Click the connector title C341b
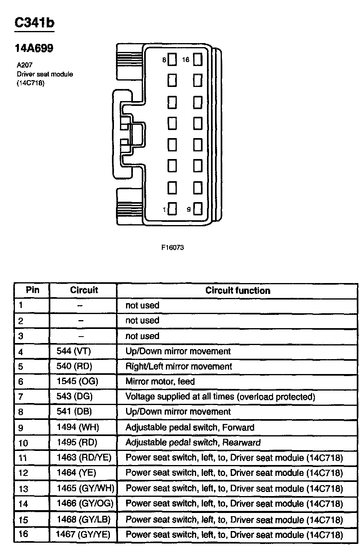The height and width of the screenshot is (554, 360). pos(34,23)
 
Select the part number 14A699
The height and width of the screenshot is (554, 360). pos(34,49)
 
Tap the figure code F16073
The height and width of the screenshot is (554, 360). pos(172,248)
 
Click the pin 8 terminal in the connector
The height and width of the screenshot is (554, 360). pos(172,60)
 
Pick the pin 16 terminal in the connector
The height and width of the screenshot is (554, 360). pos(197,60)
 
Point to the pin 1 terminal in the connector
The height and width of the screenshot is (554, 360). pos(172,209)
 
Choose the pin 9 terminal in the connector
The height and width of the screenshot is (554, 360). pos(197,209)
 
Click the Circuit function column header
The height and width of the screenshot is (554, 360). pos(238,290)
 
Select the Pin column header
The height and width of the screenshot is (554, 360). pos(32,290)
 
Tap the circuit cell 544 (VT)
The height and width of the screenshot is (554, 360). pos(74,351)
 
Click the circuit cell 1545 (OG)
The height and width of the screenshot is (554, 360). pos(78,381)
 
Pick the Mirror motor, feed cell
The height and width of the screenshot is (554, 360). pos(160,381)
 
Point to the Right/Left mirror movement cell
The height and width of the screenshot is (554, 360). pos(179,366)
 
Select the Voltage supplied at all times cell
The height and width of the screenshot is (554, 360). pos(220,397)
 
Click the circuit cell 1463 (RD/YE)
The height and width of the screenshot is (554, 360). pos(84,457)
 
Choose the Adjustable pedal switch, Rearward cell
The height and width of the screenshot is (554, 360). pos(193,442)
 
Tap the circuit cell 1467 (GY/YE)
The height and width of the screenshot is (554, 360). pos(83,535)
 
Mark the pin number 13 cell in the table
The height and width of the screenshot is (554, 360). pos(24,489)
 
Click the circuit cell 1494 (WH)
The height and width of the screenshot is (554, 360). pos(78,427)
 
